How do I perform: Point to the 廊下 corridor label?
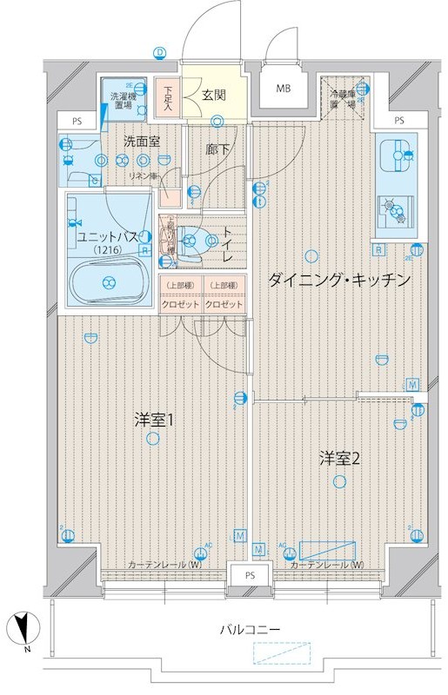[218, 149]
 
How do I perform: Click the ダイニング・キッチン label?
[338, 280]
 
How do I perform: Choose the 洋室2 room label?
[339, 458]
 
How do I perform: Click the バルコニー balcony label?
[250, 628]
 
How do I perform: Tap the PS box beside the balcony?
[250, 576]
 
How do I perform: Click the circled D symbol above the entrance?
[160, 53]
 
